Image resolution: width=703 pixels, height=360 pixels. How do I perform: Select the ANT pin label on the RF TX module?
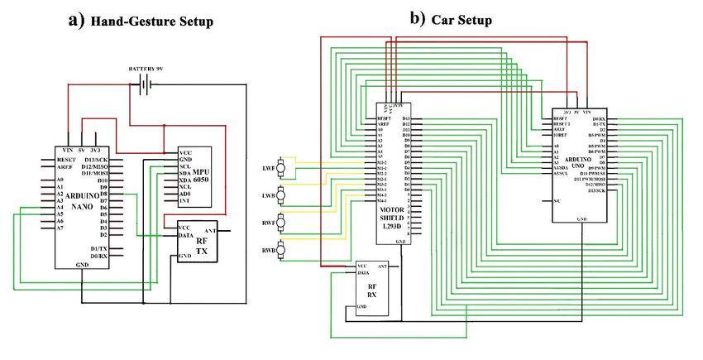click(210, 231)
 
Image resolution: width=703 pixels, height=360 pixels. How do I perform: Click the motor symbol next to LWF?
click(282, 168)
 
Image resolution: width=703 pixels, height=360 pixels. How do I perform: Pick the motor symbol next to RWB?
click(282, 249)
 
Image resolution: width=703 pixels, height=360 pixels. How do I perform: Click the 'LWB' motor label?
click(268, 195)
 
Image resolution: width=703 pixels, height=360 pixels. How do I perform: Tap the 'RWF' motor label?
click(268, 223)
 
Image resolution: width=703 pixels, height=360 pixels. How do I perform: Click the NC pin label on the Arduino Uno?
click(558, 201)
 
